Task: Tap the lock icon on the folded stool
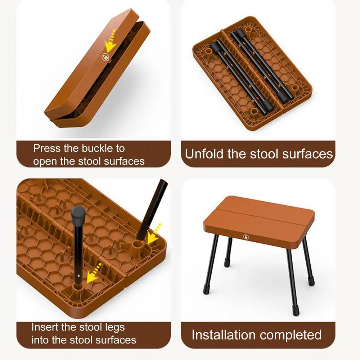coord(105,57)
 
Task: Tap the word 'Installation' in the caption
coord(224,335)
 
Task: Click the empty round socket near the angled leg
coord(138,245)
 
